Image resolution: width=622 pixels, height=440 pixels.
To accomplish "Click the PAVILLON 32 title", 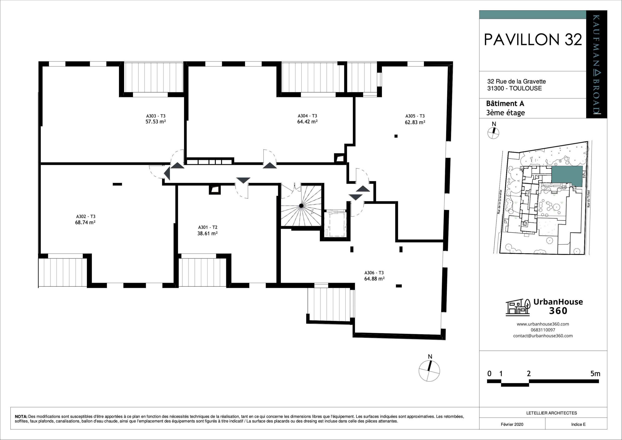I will click(533, 40).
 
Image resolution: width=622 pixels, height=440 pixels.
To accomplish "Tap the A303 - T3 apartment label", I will click(155, 116).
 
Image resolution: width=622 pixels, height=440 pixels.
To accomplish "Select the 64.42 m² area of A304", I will click(307, 122).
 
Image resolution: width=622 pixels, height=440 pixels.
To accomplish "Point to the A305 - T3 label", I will click(415, 116).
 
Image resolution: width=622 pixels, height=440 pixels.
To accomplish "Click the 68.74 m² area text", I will click(85, 222).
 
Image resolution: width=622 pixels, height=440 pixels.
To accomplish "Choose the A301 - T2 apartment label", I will click(207, 227).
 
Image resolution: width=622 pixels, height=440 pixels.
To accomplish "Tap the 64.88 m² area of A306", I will click(374, 279).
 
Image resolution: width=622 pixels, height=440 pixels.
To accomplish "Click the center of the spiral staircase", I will click(301, 206).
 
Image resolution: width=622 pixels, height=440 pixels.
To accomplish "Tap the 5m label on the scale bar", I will click(595, 374).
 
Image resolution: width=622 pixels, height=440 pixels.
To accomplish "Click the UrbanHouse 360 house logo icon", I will click(518, 308).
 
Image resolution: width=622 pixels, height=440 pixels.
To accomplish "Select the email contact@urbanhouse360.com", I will click(543, 336).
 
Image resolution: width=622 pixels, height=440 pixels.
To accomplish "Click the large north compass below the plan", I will click(429, 371).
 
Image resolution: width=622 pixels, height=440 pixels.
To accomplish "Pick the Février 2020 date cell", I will click(512, 424).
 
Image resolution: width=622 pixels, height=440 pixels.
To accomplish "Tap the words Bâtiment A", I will click(505, 104).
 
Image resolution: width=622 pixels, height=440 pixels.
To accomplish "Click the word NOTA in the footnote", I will click(21, 416).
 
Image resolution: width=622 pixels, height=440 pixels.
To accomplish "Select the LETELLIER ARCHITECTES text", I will click(551, 413).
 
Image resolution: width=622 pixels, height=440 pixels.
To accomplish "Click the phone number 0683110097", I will click(543, 330).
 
